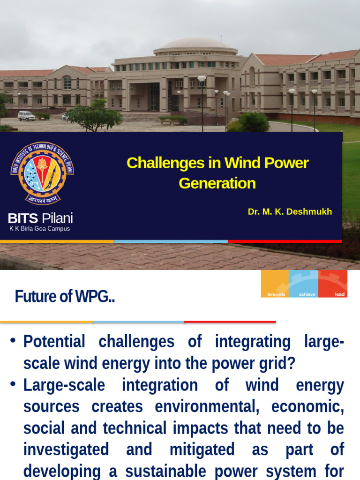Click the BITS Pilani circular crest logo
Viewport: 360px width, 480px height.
pyautogui.click(x=42, y=173)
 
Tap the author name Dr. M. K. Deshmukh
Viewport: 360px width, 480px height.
pyautogui.click(x=290, y=211)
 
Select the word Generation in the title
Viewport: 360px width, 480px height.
pyautogui.click(x=217, y=183)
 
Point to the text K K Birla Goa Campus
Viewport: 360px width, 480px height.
pyautogui.click(x=40, y=229)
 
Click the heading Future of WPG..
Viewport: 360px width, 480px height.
pyautogui.click(x=65, y=296)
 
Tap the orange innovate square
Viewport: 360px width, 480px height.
pyautogui.click(x=275, y=284)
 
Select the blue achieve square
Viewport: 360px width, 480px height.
pyautogui.click(x=304, y=284)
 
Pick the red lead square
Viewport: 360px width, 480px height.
pyautogui.click(x=333, y=284)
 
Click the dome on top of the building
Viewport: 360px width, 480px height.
pyautogui.click(x=195, y=45)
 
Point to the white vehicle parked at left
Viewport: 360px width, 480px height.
pyautogui.click(x=26, y=116)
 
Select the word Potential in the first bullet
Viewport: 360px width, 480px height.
pyautogui.click(x=54, y=342)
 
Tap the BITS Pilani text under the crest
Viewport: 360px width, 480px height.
pyautogui.click(x=40, y=218)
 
